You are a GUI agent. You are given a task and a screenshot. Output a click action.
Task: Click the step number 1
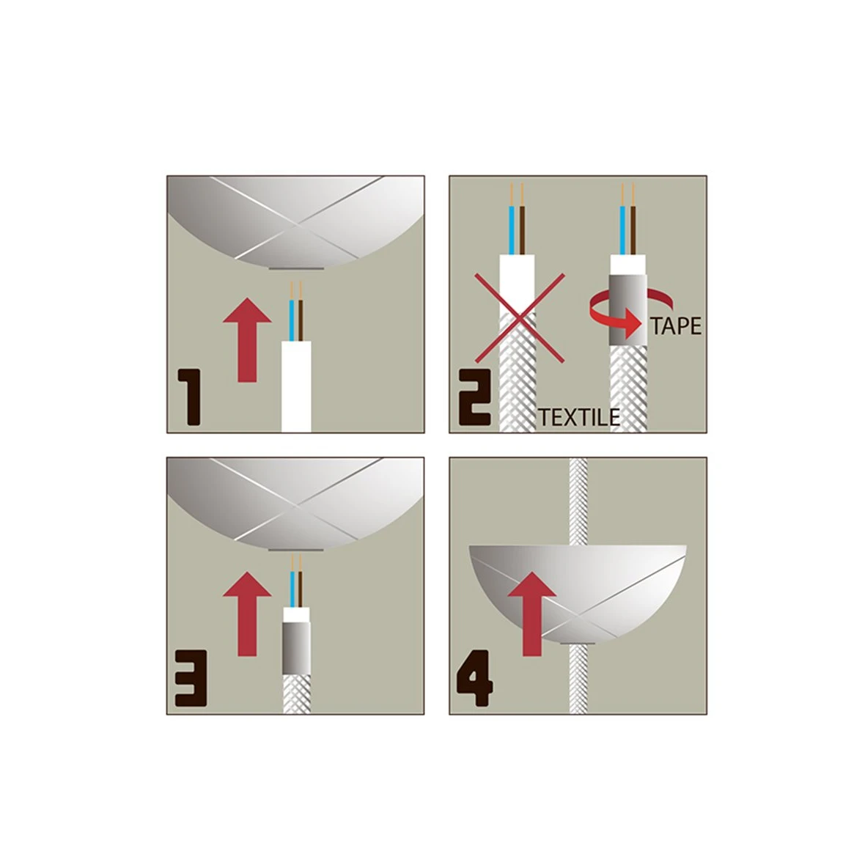coord(188,397)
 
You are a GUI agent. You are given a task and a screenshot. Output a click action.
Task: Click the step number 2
coord(474,397)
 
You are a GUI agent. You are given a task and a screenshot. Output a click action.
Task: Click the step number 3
coord(191,679)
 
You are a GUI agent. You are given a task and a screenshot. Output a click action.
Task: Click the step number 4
coord(475,679)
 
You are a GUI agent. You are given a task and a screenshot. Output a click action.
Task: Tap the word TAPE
coord(676,326)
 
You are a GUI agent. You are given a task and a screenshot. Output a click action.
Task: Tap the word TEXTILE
coord(578,418)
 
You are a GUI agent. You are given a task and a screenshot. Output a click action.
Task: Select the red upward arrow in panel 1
coord(247,340)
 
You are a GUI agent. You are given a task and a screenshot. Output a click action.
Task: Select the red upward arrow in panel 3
coord(247,614)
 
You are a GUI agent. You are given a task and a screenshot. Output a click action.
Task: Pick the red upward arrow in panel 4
coord(531,614)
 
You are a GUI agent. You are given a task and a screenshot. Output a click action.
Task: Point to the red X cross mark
coord(519,317)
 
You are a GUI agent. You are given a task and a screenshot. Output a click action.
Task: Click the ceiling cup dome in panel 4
coord(578,593)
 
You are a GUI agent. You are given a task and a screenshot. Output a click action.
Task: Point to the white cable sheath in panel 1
coord(296,387)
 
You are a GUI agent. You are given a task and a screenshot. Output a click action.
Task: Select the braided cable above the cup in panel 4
coord(578,501)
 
